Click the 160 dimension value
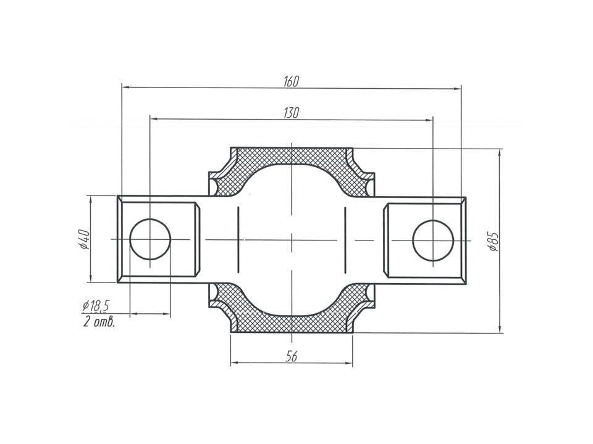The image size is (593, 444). pos(291,81)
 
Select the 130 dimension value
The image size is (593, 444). pos(291,113)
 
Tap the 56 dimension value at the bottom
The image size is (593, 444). pos(292,356)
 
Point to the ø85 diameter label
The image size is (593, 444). pos(493,242)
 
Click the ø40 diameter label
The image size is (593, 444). pos(84,239)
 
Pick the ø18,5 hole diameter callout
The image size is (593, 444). pos(95,306)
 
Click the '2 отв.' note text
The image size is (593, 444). pos(99,322)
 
